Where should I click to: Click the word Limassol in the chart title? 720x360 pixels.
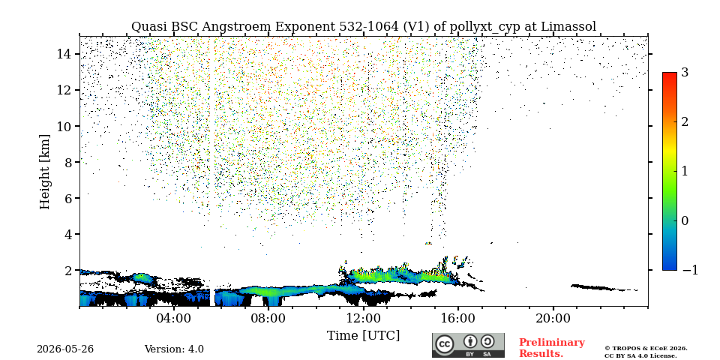click(x=568, y=27)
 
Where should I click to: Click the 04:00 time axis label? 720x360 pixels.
click(x=174, y=318)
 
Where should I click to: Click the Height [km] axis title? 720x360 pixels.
click(x=44, y=172)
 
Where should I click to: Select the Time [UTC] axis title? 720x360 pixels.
click(x=363, y=336)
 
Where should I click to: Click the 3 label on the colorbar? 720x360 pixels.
click(x=685, y=73)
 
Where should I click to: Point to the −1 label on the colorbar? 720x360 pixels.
click(x=690, y=270)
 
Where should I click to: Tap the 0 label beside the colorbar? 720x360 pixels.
click(x=685, y=220)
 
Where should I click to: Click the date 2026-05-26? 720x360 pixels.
click(x=65, y=349)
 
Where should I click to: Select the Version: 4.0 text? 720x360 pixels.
click(x=174, y=349)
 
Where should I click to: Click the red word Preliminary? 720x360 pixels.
click(x=552, y=343)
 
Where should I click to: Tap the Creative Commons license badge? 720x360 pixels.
click(x=468, y=345)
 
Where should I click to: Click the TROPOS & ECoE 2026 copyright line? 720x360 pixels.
click(x=646, y=349)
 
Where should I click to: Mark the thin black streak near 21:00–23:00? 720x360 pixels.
click(x=604, y=288)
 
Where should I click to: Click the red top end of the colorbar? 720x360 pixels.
click(x=670, y=75)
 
